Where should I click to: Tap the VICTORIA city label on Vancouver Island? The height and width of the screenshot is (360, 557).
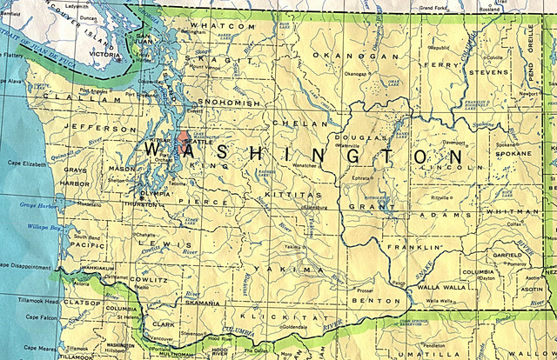click(x=105, y=55)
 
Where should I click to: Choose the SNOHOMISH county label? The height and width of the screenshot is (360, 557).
click(x=231, y=103)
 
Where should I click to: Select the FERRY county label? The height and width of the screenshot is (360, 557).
click(x=439, y=63)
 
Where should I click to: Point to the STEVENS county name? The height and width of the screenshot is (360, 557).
click(x=488, y=72)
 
